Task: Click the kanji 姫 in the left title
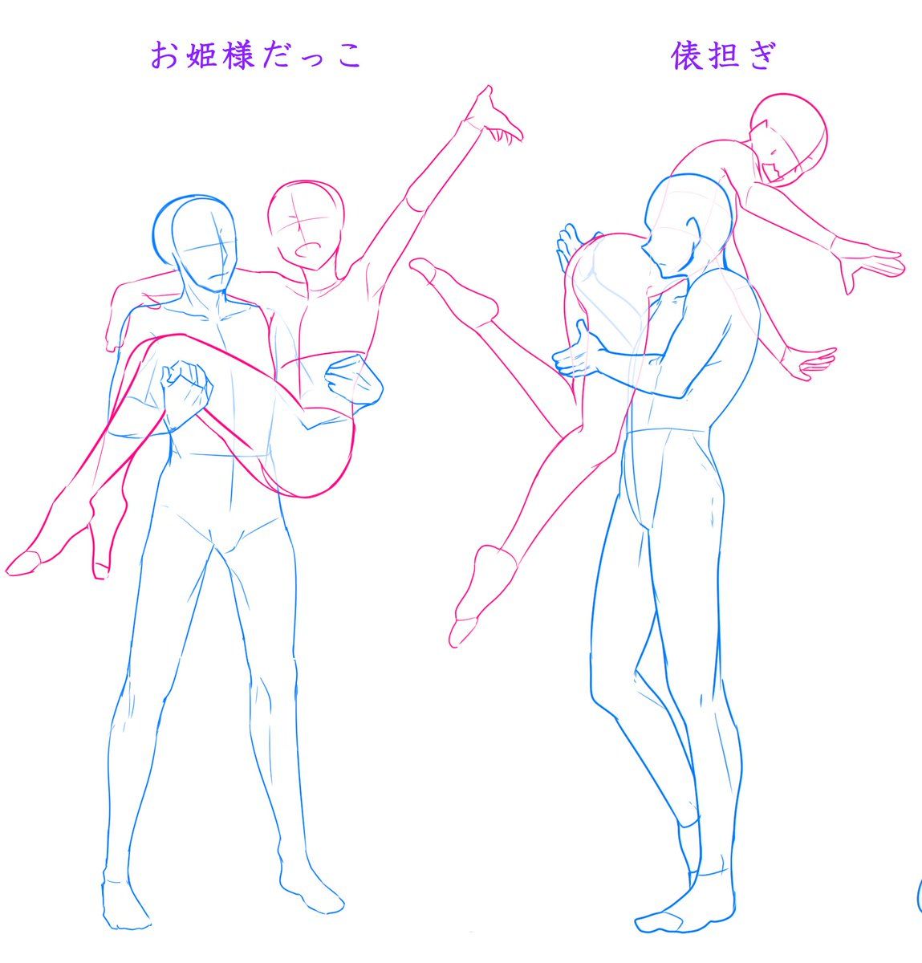201,55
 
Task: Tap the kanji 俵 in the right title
686,55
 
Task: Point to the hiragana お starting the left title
164,55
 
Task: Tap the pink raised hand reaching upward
493,116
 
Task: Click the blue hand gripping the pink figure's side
353,380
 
